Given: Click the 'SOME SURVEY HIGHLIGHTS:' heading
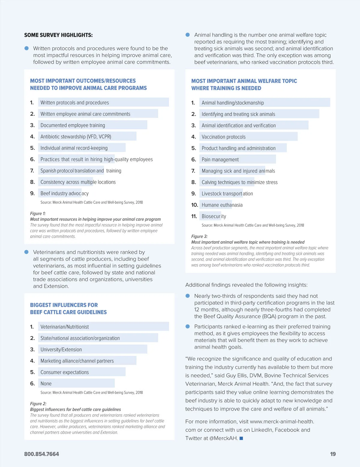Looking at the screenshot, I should click(x=58, y=35).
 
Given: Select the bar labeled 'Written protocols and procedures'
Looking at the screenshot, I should click(x=103, y=102).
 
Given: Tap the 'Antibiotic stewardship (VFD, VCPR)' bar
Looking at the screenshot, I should click(x=87, y=137).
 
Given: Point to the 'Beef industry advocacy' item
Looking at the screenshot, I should click(x=64, y=193).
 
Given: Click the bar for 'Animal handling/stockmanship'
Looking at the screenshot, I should click(x=264, y=103).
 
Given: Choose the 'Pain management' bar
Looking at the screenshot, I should click(x=237, y=159).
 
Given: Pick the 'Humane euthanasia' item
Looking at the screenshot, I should click(x=222, y=205).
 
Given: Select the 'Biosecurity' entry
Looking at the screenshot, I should click(x=214, y=216).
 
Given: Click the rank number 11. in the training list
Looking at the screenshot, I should click(x=194, y=216).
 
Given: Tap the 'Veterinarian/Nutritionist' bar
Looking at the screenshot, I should click(x=103, y=327).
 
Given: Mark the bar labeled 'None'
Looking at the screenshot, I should click(x=76, y=383).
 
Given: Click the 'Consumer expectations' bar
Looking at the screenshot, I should click(x=82, y=372).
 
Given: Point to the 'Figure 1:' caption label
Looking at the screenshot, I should click(x=38, y=213).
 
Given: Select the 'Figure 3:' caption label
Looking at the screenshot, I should click(x=199, y=236).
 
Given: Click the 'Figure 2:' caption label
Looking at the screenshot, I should click(x=38, y=404).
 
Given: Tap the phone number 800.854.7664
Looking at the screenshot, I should click(x=41, y=454).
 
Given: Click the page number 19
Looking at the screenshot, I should click(x=333, y=454).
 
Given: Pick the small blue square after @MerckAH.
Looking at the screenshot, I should click(x=241, y=438).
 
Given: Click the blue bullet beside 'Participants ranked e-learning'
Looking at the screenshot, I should click(x=188, y=326).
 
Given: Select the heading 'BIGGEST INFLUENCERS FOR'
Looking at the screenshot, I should click(x=64, y=305).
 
